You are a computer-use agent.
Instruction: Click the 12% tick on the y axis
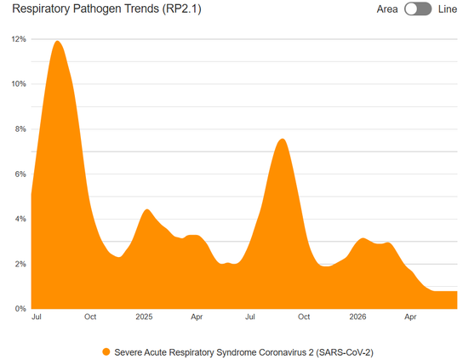(x=19, y=39)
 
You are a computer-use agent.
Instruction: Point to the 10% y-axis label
(x=19, y=84)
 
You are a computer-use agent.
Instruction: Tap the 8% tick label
(x=20, y=129)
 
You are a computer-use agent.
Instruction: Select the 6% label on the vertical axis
(x=20, y=174)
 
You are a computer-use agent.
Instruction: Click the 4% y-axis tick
(x=20, y=219)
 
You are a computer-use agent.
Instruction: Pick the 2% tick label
(x=20, y=264)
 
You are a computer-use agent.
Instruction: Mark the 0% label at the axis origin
(x=20, y=309)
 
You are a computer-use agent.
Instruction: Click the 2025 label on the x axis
(x=144, y=317)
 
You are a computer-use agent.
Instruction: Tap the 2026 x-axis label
(x=357, y=317)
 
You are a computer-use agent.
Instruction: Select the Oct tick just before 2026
(x=304, y=317)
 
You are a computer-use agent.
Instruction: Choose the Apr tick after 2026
(x=410, y=317)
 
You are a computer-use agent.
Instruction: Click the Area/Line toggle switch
(x=418, y=9)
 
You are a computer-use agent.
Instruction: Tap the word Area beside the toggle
(x=387, y=9)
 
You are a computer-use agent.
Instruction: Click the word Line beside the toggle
(x=448, y=9)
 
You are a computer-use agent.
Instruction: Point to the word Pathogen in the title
(x=116, y=9)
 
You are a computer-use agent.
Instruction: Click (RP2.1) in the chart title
(x=181, y=9)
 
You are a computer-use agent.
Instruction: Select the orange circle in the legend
(x=106, y=352)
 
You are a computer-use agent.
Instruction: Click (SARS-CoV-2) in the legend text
(x=345, y=352)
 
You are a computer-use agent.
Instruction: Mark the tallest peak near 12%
(x=57, y=41)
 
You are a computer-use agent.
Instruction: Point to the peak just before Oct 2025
(x=283, y=139)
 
